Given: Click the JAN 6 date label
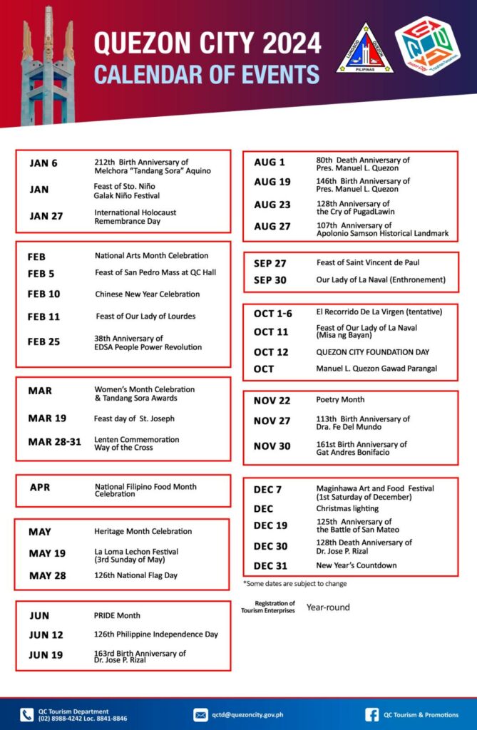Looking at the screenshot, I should click(x=43, y=163).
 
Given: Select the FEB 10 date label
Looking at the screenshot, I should click(x=43, y=294).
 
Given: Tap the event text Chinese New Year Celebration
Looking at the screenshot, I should click(x=147, y=294).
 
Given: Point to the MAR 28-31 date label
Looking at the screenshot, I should click(x=55, y=442).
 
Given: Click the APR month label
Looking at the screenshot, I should click(x=40, y=488).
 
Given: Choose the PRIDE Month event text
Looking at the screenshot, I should click(x=118, y=615).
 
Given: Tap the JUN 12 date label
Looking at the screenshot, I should click(x=46, y=634).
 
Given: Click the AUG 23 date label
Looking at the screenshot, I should click(x=272, y=205).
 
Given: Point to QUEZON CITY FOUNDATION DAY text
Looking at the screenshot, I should click(x=373, y=352).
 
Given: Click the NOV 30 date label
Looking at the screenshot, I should click(x=272, y=447).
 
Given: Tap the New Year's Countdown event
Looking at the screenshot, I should click(x=357, y=565).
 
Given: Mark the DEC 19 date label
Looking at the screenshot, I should click(x=271, y=526).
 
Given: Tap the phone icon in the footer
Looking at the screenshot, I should click(x=26, y=714).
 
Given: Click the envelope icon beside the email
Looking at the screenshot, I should click(x=200, y=714).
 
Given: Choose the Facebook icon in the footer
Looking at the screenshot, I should click(x=371, y=714).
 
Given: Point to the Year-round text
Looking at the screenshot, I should click(x=328, y=608).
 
